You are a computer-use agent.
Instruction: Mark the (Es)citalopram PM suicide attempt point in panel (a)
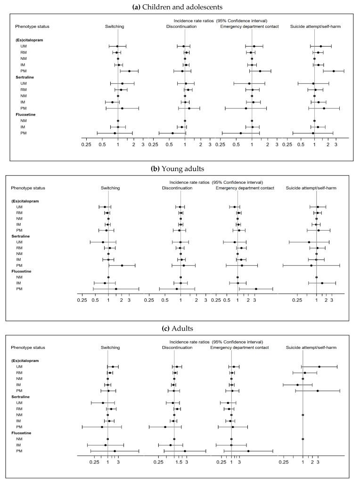334,71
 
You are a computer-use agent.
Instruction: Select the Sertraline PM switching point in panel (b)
122,265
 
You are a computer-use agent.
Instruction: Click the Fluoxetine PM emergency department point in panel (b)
256,288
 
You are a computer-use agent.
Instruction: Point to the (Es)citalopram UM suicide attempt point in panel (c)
319,367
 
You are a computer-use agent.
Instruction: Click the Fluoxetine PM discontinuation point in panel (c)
185,451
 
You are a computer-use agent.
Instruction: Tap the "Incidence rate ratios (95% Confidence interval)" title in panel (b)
218,182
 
